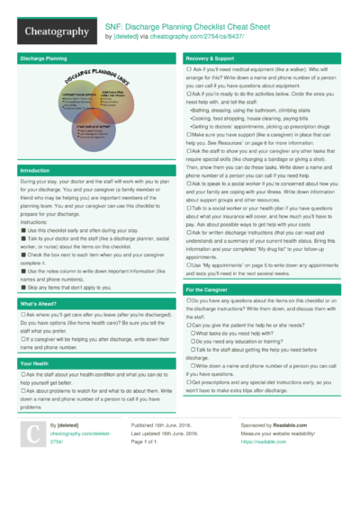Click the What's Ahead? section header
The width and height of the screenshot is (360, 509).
pyautogui.click(x=39, y=280)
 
